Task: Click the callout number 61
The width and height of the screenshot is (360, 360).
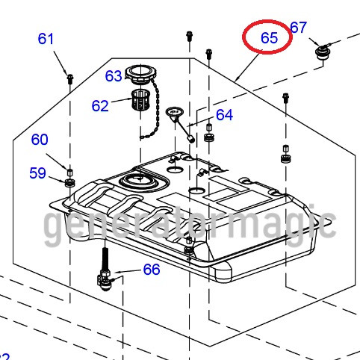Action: [46, 38]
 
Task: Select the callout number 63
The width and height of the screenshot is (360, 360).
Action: [114, 76]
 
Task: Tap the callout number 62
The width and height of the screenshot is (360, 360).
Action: [100, 106]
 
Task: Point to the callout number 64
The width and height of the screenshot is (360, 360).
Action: [224, 114]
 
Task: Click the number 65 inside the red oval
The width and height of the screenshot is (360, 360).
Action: [269, 37]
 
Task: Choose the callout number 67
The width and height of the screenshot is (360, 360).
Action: [299, 28]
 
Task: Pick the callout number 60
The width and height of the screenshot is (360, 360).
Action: [40, 139]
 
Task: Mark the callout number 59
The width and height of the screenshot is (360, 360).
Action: [37, 173]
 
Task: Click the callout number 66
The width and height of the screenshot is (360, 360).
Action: [152, 269]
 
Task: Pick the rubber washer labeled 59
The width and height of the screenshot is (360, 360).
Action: [70, 181]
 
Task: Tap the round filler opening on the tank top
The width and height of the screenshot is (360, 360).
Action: [137, 179]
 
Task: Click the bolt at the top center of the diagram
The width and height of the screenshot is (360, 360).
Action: [189, 34]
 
